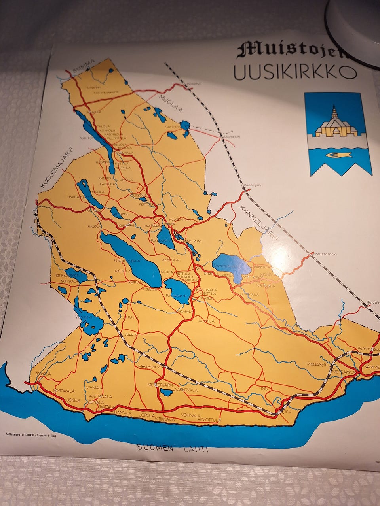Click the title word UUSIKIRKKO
(295, 72)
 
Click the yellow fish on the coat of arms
(338, 155)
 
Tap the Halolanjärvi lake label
(127, 261)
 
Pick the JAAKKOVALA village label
(185, 390)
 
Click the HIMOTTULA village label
(209, 419)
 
